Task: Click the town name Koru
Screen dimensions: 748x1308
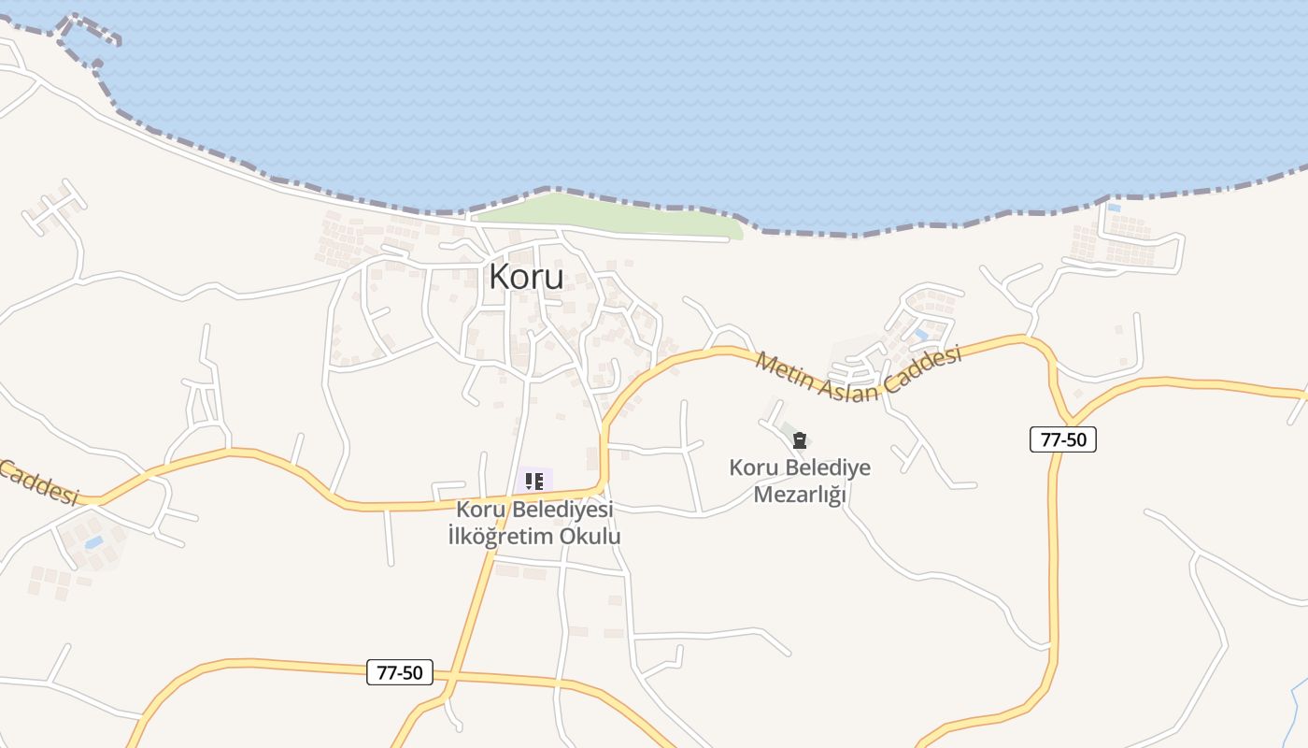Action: (x=526, y=277)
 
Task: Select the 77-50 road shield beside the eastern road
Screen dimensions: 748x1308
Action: (x=1062, y=439)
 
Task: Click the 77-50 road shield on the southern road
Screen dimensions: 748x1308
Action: (x=400, y=671)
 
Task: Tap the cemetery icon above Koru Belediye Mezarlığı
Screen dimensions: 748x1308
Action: (x=799, y=440)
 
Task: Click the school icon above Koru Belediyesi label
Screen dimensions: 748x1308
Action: (x=534, y=482)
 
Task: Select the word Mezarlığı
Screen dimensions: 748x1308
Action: (x=799, y=495)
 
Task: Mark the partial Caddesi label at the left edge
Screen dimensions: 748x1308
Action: (x=37, y=481)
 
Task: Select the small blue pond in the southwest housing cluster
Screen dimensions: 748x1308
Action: (x=93, y=542)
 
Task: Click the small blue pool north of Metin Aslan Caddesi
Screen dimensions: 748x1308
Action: (x=921, y=334)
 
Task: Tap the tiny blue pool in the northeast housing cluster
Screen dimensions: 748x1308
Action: (x=1113, y=208)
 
